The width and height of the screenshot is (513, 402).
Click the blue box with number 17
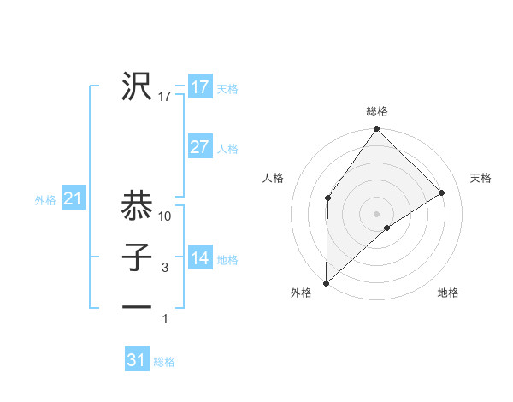(x=200, y=87)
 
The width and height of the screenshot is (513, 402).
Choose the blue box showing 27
(x=200, y=147)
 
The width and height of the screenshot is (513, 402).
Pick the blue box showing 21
(x=73, y=199)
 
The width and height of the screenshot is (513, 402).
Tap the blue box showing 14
(x=200, y=258)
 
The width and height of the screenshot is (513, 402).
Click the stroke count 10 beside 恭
(x=166, y=217)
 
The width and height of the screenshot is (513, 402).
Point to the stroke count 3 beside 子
(x=165, y=269)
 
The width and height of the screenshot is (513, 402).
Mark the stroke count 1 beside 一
(x=165, y=319)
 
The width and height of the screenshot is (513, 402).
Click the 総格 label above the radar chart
(x=377, y=111)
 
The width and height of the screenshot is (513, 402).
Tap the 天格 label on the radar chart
(x=481, y=178)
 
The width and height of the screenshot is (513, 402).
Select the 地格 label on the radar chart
(x=448, y=293)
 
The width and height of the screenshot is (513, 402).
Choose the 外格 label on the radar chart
(x=301, y=293)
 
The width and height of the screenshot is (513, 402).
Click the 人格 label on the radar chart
(x=274, y=178)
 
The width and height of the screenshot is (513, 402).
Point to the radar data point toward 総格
(x=377, y=129)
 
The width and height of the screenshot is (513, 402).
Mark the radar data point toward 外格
(x=326, y=282)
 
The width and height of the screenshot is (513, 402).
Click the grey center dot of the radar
(x=376, y=213)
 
